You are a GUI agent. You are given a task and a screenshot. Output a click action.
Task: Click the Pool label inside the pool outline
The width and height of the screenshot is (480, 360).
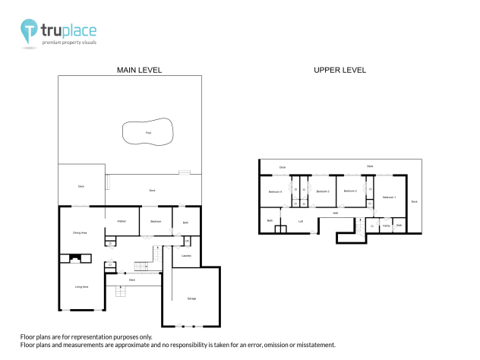point(148,132)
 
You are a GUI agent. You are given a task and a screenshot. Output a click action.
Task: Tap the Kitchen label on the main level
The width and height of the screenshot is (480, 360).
point(121,221)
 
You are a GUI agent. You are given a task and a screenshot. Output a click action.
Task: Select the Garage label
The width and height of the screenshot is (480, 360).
point(191,298)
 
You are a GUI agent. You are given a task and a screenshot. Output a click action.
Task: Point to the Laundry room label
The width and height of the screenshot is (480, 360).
point(186,256)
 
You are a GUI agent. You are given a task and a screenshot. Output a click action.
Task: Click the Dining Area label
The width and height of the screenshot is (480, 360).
point(80,232)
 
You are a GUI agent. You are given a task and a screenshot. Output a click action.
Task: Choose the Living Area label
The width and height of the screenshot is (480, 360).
point(81,286)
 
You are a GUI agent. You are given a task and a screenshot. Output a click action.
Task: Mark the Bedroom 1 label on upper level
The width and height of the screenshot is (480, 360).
point(389,197)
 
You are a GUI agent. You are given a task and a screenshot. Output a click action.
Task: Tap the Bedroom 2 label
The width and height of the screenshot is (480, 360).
point(350,191)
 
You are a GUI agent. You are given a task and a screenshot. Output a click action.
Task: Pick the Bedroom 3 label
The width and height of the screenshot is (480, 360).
point(322,191)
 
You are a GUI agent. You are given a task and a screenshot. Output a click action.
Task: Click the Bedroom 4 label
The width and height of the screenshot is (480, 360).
point(275,191)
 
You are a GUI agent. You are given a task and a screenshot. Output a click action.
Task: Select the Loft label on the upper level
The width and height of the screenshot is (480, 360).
point(301,222)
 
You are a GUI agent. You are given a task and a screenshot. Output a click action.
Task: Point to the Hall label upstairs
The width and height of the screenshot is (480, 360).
point(335,213)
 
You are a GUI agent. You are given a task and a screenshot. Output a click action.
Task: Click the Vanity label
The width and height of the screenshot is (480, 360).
point(386,226)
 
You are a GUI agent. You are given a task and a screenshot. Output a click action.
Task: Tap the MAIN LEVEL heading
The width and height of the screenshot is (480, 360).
point(139,70)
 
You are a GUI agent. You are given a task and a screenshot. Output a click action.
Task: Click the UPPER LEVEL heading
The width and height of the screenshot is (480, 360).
point(339,70)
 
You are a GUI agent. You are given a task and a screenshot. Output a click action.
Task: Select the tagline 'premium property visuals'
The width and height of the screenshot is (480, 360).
point(68,44)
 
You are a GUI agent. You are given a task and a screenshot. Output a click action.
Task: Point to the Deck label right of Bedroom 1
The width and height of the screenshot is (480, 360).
point(414,202)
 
